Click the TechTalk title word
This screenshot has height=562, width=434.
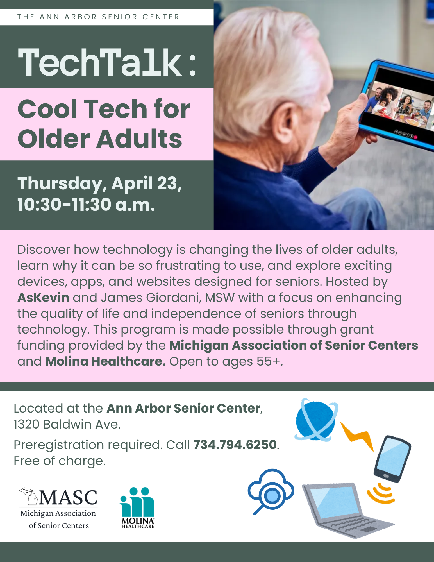click(100, 62)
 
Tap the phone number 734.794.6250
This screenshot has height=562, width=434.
click(235, 445)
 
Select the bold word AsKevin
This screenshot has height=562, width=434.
click(43, 297)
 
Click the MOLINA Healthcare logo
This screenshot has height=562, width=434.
click(138, 507)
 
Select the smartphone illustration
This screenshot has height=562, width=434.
click(392, 459)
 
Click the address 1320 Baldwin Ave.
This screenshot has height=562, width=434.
click(67, 424)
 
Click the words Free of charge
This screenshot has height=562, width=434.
click(60, 461)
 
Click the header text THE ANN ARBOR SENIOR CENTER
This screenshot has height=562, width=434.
click(98, 17)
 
